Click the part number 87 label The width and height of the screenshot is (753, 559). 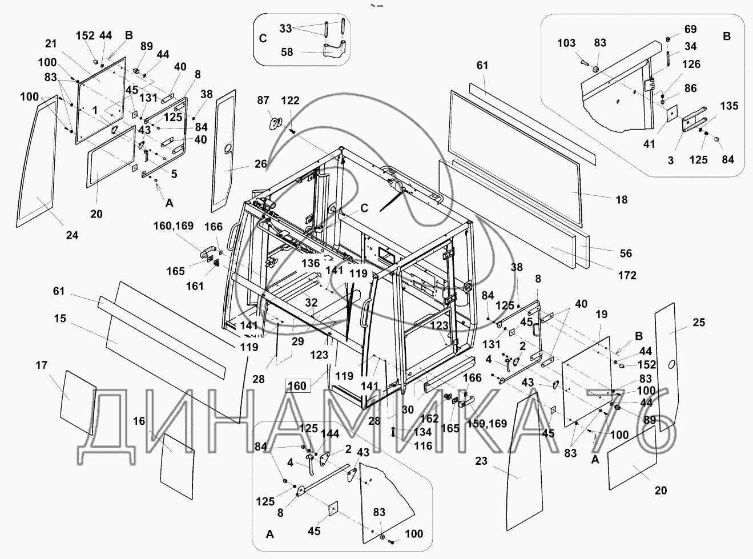click(263, 100)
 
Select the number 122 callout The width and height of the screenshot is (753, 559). click(290, 100)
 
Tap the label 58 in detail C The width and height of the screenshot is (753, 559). click(287, 52)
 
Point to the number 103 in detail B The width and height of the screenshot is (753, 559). click(567, 43)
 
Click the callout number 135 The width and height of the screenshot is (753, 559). click(728, 106)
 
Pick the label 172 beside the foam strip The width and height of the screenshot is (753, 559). click(627, 276)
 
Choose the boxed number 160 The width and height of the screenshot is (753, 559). click(297, 386)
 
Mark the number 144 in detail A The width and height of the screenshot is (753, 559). click(329, 433)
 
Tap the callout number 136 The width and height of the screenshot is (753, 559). click(311, 264)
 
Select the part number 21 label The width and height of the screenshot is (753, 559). click(51, 44)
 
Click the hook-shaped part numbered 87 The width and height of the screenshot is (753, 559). click(276, 122)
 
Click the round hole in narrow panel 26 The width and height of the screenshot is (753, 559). click(227, 150)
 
